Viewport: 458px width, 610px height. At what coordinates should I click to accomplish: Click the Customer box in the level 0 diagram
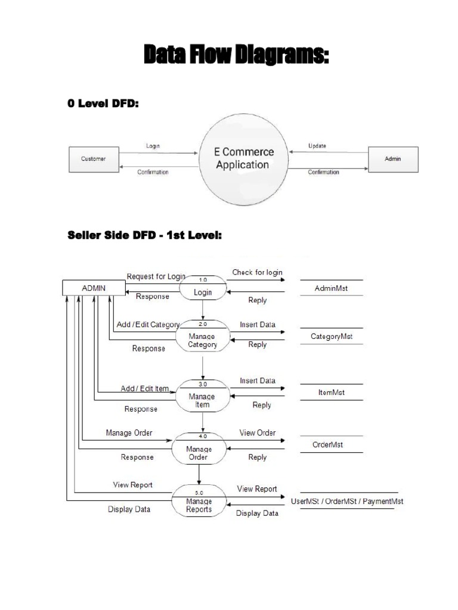[94, 159]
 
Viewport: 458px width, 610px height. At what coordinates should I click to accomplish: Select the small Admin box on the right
[393, 159]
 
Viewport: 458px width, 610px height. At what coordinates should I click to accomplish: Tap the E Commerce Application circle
[244, 158]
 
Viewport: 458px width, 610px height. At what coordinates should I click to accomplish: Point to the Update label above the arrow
[317, 146]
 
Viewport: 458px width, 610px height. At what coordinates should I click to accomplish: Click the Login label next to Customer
[153, 146]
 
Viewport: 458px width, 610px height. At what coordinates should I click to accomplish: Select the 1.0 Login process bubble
[203, 287]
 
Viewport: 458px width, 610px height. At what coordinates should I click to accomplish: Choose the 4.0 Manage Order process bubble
[199, 448]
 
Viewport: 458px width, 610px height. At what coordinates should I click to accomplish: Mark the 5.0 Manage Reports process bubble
[199, 501]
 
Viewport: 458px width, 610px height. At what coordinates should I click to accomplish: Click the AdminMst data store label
[331, 288]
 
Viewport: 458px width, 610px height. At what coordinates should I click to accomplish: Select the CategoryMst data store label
[332, 337]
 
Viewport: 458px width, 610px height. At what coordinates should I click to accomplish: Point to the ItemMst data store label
[331, 393]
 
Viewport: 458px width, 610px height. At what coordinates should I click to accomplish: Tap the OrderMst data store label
[328, 444]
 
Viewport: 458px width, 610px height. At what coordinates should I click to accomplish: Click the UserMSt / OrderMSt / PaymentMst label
[346, 501]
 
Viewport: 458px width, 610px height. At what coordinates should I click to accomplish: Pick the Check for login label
[257, 273]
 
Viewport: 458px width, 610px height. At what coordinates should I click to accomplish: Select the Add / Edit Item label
[144, 388]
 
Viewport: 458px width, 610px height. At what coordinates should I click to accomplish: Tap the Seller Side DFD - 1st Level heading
[144, 236]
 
